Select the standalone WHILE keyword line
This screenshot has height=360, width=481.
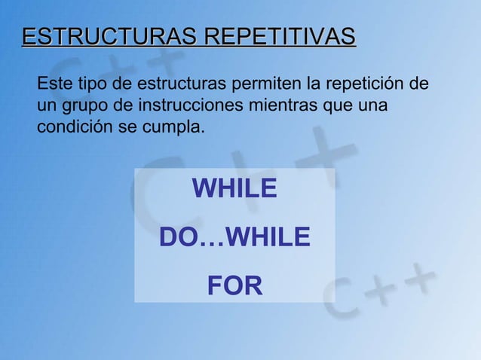(234, 189)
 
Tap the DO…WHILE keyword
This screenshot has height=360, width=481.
(234, 238)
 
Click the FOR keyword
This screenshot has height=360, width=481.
(234, 286)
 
